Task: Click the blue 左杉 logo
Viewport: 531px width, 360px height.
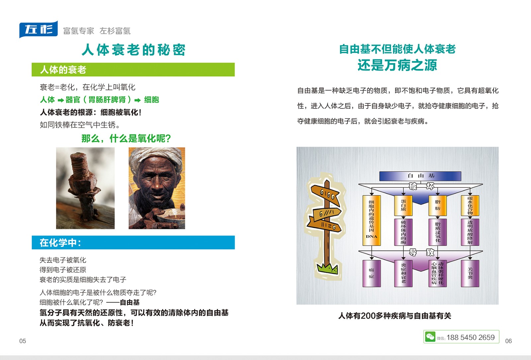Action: coord(38,30)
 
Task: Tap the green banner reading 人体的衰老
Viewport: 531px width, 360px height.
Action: coord(133,69)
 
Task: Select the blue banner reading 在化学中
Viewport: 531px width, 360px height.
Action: coord(133,243)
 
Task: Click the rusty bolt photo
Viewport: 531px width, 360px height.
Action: coord(85,188)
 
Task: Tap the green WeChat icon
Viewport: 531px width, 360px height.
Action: coord(430,336)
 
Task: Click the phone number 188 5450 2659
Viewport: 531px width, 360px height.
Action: coord(471,337)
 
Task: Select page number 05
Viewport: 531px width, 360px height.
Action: coord(23,341)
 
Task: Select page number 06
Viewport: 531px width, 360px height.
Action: coord(508,341)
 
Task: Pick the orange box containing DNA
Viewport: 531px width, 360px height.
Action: coord(372,220)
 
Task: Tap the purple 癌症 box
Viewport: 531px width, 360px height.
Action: coord(372,273)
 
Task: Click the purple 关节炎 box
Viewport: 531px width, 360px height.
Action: coord(470,273)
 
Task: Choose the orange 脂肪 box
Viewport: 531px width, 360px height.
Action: coord(438,205)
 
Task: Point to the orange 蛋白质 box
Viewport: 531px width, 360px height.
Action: coord(403,205)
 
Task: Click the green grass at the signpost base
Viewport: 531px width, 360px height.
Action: coord(328,269)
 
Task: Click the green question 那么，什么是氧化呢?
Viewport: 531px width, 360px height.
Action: coord(126,138)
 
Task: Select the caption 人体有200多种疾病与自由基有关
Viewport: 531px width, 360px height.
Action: coord(395,316)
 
